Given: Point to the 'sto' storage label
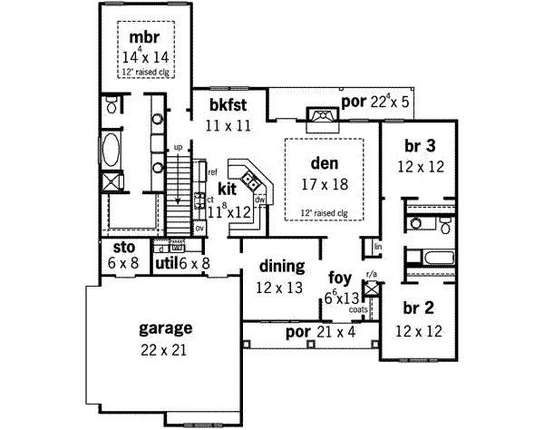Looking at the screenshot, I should [122, 248].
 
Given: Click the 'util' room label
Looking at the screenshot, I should [164, 263].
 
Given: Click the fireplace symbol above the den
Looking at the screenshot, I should [321, 116].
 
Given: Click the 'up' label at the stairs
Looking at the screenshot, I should [178, 146].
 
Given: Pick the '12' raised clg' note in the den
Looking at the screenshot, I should [324, 213].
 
